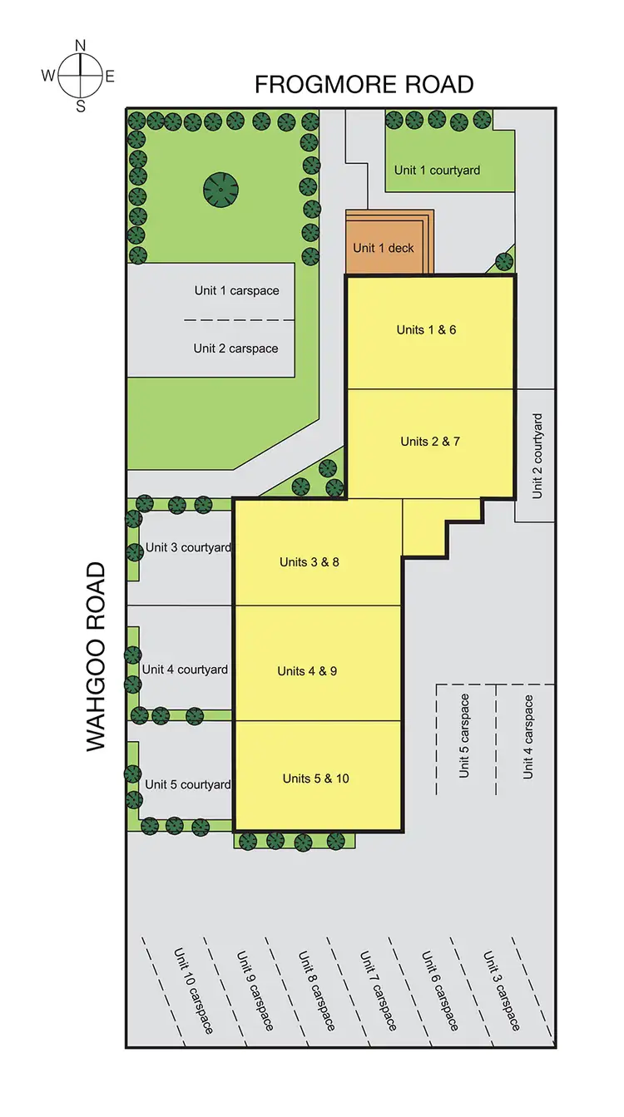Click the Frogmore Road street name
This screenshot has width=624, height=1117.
pyautogui.click(x=364, y=85)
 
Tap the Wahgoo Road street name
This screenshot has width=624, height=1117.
pyautogui.click(x=97, y=657)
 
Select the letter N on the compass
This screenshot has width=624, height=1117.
pyautogui.click(x=81, y=46)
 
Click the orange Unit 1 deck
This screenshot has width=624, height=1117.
pyautogui.click(x=384, y=248)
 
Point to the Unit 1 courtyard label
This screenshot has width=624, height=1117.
pyautogui.click(x=437, y=171)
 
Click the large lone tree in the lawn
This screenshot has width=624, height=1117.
pyautogui.click(x=220, y=190)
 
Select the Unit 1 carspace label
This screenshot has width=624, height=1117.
pyautogui.click(x=236, y=291)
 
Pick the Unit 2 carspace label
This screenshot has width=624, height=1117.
pyautogui.click(x=235, y=348)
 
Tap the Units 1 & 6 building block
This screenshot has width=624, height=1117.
pyautogui.click(x=426, y=330)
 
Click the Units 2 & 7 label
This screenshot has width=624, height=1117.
pyautogui.click(x=429, y=442)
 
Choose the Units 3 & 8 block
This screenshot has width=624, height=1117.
pyautogui.click(x=310, y=562)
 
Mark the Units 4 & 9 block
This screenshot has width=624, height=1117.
pyautogui.click(x=307, y=671)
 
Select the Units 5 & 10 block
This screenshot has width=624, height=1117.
pyautogui.click(x=315, y=778)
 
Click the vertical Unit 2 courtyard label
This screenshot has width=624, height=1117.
pyautogui.click(x=537, y=456)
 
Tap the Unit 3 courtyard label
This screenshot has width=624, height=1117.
pyautogui.click(x=188, y=548)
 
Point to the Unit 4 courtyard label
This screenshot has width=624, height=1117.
pyautogui.click(x=185, y=670)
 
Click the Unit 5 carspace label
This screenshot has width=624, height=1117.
pyautogui.click(x=464, y=736)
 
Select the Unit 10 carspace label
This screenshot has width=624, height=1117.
pyautogui.click(x=193, y=990)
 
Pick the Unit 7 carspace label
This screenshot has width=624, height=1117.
pyautogui.click(x=379, y=991)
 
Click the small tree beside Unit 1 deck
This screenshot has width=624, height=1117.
pyautogui.click(x=504, y=261)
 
